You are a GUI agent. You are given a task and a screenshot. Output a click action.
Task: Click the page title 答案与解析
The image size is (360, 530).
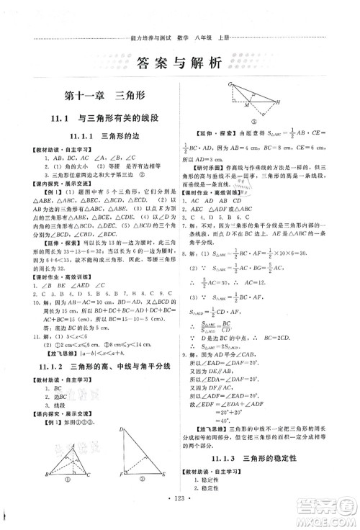180,63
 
